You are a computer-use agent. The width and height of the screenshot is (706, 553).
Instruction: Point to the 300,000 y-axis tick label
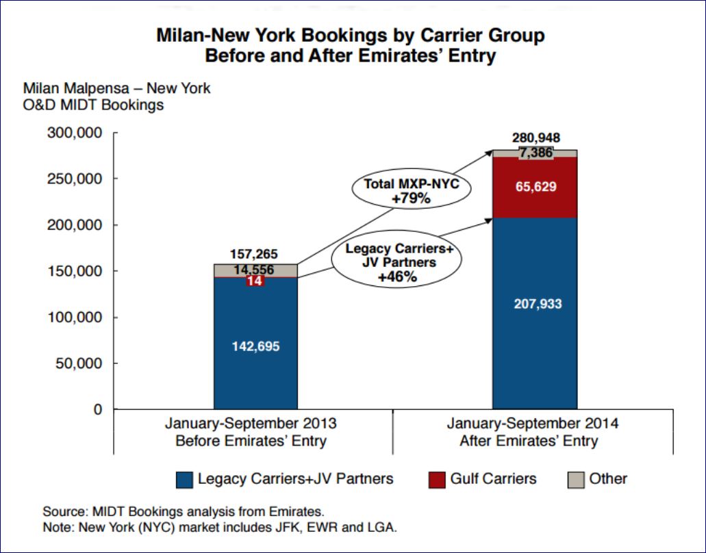75,133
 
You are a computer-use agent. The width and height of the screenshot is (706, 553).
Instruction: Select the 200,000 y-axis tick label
75,225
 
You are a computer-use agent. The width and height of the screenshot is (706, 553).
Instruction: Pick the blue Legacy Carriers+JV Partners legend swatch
184,479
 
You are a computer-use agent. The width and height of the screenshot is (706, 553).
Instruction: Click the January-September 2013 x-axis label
251,423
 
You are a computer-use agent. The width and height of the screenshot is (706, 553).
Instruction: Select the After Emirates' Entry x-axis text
529,441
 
